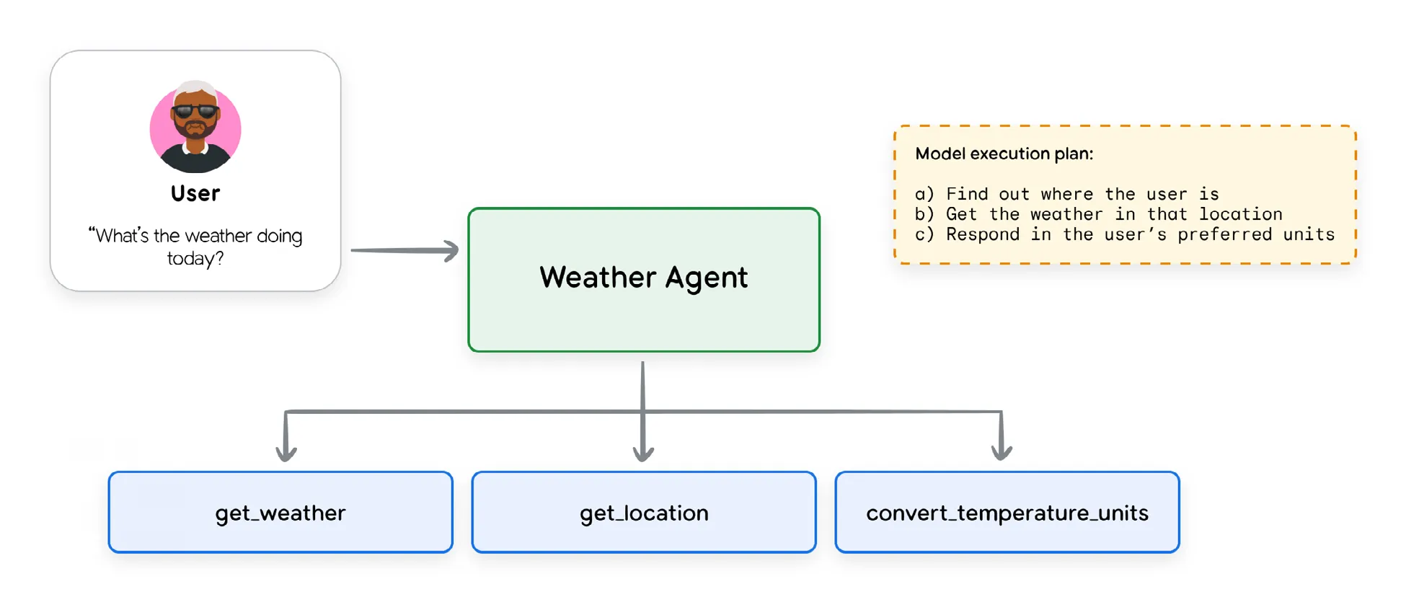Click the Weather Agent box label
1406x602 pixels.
pos(643,278)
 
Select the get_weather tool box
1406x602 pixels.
pos(280,513)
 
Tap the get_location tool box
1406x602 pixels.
pos(644,513)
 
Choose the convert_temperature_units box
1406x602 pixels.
pos(1007,513)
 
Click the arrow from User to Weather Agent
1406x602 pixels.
pos(404,250)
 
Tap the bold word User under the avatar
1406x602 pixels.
pos(195,193)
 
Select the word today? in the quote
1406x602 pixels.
pos(195,258)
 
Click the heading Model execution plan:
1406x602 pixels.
pos(1004,154)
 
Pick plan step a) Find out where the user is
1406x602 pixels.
pos(1066,194)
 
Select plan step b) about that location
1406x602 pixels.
pos(1098,214)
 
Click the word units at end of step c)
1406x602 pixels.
pos(1309,234)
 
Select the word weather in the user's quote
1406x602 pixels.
pos(218,236)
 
